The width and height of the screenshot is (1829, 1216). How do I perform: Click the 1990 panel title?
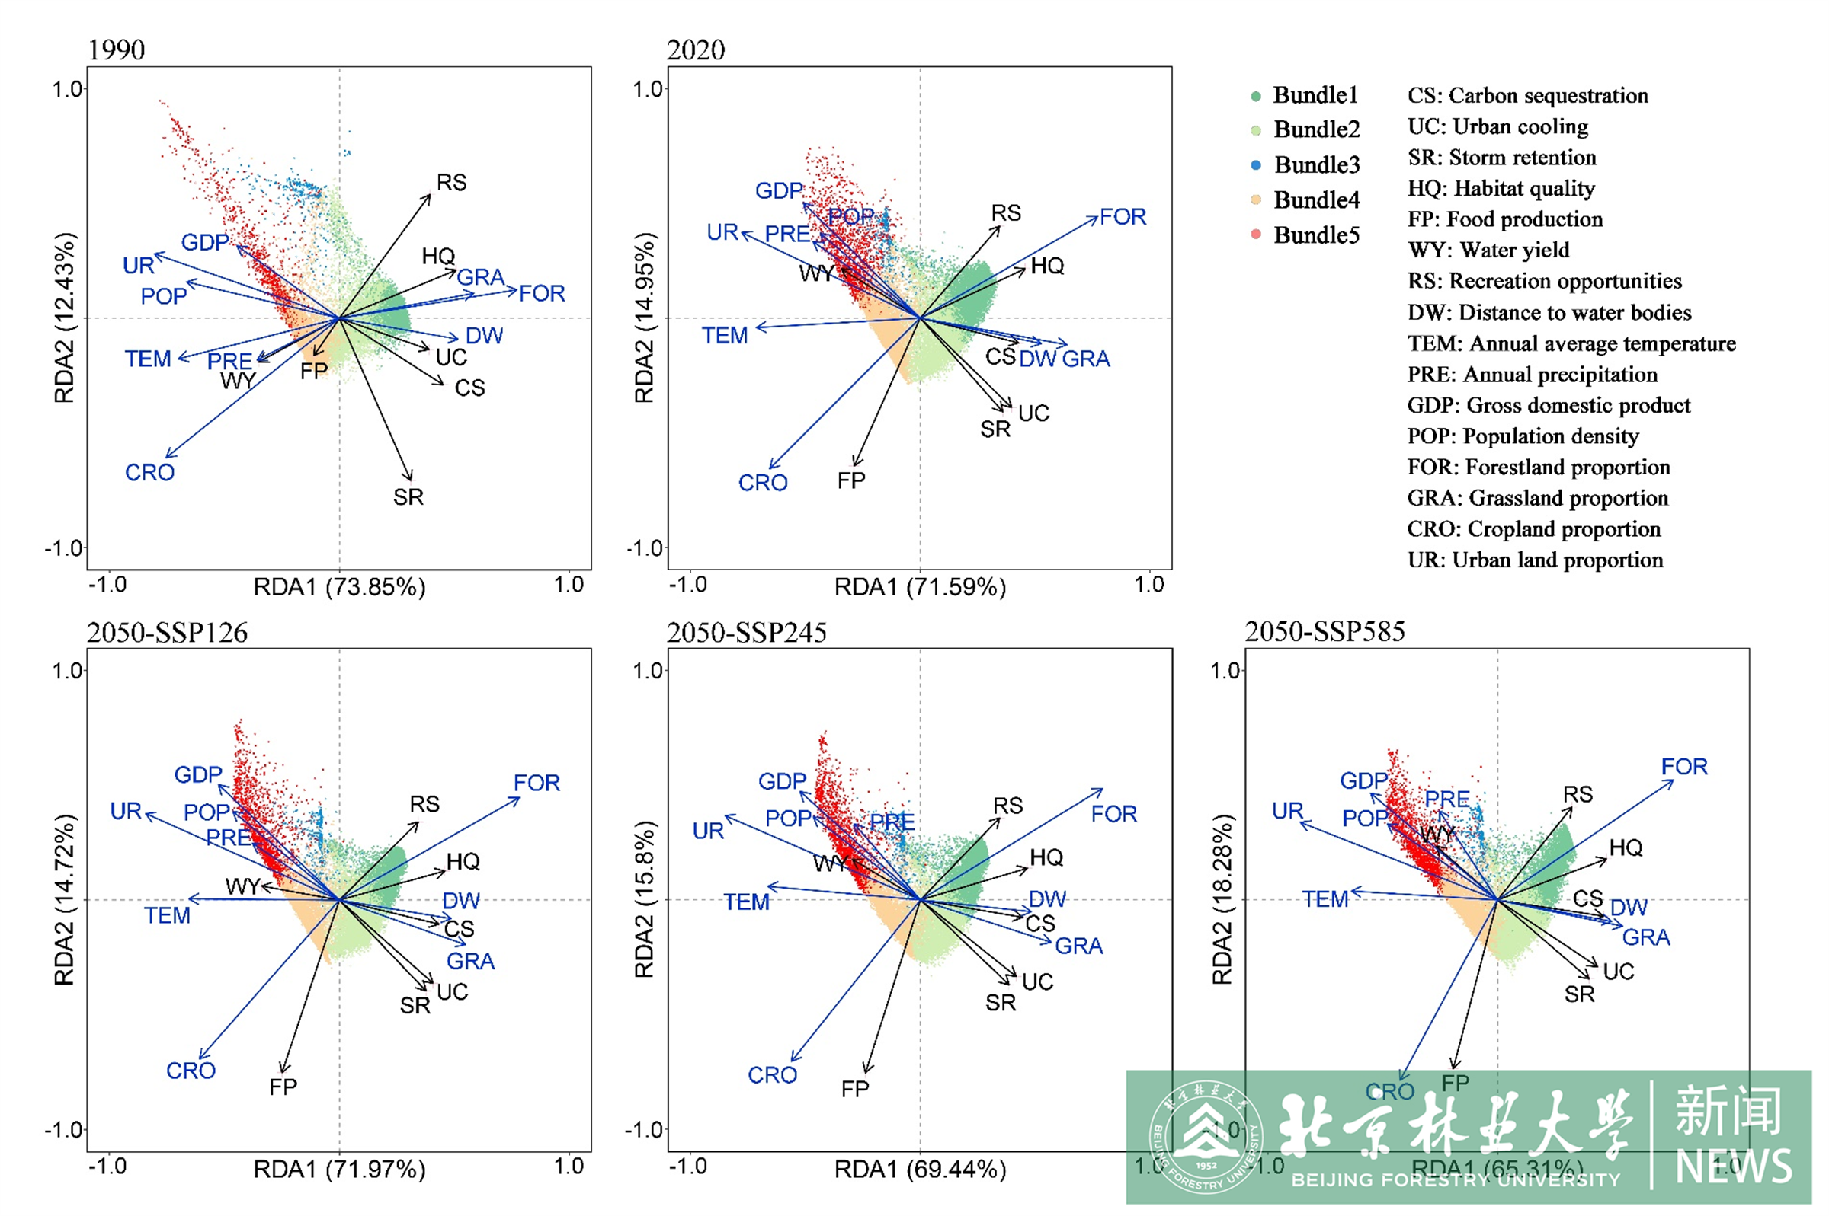tap(117, 49)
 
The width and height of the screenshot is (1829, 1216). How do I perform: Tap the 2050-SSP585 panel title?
tap(1325, 631)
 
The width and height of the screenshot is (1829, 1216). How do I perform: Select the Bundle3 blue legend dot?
tap(1257, 165)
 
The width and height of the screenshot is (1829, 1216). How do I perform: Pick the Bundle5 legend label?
tap(1316, 235)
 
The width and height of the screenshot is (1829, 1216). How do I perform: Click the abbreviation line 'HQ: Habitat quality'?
tap(1501, 188)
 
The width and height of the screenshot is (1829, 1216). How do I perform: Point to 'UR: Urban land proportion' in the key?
tap(1535, 560)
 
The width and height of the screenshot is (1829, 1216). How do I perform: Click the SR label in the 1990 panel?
tap(408, 497)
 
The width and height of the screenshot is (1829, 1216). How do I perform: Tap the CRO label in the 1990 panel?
tap(150, 472)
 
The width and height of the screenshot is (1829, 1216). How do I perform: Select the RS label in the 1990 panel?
tap(452, 183)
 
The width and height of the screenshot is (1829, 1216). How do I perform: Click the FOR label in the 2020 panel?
tap(1123, 217)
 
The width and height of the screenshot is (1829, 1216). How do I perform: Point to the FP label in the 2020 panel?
tap(851, 480)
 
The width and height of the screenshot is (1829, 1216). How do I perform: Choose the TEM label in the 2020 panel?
tap(725, 336)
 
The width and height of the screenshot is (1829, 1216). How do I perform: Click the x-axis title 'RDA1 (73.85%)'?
tap(339, 587)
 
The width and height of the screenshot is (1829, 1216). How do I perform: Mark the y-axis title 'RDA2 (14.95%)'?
tap(644, 318)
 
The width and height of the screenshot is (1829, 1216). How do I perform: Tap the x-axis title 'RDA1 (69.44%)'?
tap(920, 1169)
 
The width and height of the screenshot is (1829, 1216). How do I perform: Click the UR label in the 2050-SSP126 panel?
tap(126, 811)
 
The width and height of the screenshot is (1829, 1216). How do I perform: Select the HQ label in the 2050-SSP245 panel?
tap(1046, 857)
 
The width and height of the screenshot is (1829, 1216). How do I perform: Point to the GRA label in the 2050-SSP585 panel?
tap(1646, 937)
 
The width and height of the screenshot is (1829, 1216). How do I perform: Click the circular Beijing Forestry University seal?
tap(1206, 1137)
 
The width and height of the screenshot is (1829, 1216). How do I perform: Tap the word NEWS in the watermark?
tap(1734, 1166)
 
